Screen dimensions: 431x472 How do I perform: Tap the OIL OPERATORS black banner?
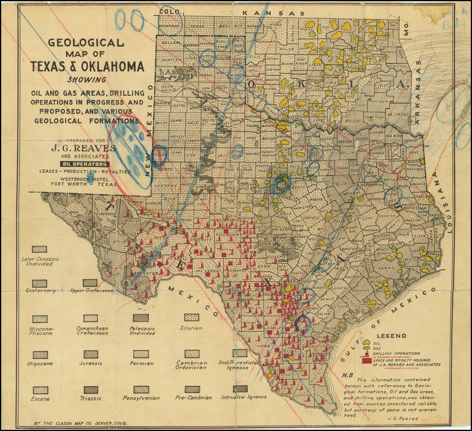85,164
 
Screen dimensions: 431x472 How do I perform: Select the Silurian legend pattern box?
192,318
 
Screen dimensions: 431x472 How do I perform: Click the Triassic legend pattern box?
91,390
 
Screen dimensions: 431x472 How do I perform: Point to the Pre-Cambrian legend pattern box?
192,389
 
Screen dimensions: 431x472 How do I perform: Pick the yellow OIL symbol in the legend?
367,343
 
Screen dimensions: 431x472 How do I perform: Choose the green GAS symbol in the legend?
367,348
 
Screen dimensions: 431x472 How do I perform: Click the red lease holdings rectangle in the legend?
367,361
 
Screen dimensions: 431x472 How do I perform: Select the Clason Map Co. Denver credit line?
80,423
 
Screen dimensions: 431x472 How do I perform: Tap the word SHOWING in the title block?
86,80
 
